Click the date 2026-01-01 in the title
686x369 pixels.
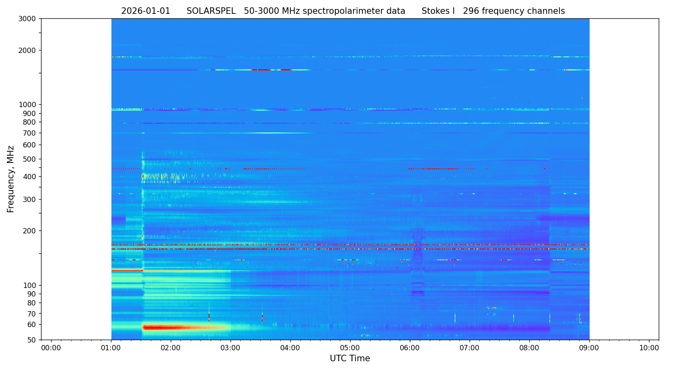tap(146, 11)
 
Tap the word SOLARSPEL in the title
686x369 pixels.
tap(211, 11)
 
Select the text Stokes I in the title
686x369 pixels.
tap(438, 11)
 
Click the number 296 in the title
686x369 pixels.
tap(471, 11)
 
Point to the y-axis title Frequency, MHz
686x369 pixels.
tap(11, 179)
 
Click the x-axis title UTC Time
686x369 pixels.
tap(350, 358)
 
